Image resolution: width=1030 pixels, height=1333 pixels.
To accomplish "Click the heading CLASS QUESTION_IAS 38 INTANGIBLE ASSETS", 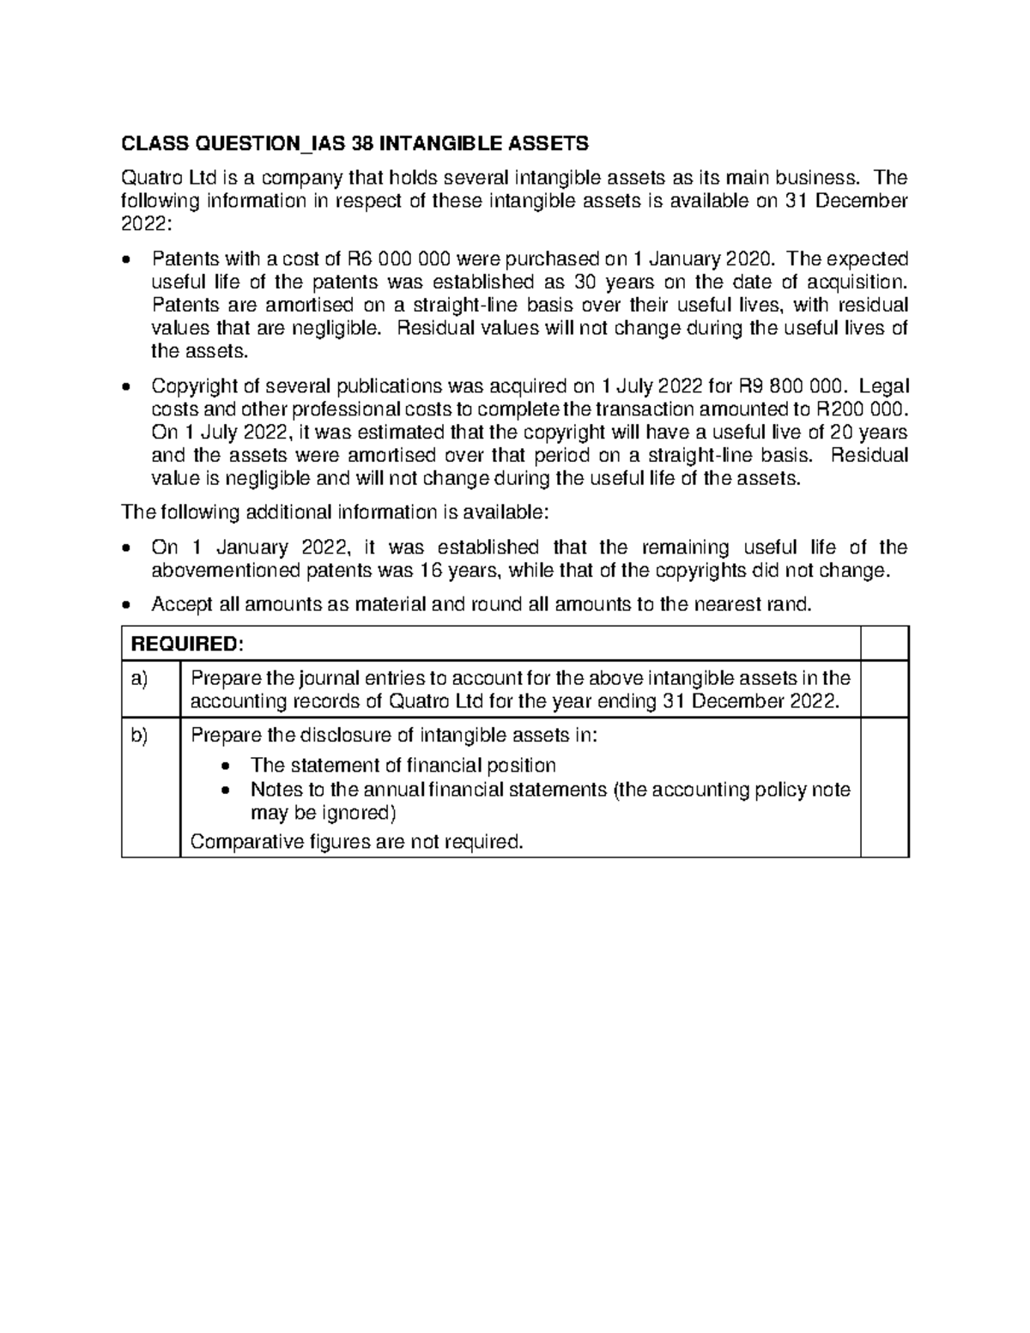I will click(355, 142).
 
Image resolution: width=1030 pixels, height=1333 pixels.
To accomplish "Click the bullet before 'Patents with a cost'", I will click(128, 260).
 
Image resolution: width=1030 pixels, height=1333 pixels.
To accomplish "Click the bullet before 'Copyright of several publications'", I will click(128, 387).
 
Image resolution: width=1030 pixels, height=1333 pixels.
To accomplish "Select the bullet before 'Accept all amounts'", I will click(128, 605).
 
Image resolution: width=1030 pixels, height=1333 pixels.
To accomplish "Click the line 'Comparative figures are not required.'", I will click(356, 841).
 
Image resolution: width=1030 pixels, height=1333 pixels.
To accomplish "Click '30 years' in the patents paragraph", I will click(608, 282).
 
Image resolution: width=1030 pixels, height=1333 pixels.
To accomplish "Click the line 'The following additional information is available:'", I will click(334, 512).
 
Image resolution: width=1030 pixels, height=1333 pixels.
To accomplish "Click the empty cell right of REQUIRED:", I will click(884, 645).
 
